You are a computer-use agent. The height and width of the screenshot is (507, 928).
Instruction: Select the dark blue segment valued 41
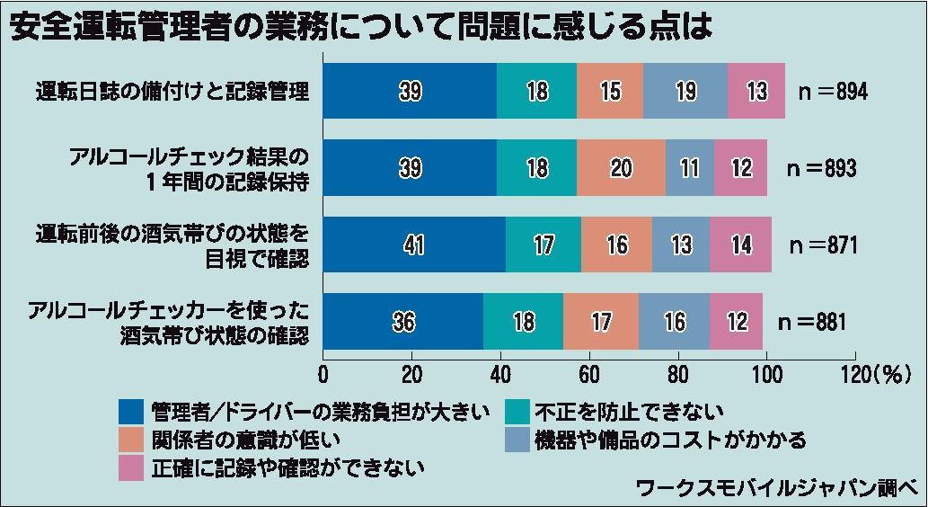pos(414,245)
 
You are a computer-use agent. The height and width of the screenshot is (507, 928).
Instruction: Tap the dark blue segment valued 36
pos(403,321)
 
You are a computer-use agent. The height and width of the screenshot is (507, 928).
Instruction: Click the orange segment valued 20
pos(621,168)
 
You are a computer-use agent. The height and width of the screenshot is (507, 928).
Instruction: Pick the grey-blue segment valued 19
pos(685,92)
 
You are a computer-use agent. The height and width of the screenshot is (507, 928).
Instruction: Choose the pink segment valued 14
pos(740,245)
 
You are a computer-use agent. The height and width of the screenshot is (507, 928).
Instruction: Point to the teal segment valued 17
pos(543,245)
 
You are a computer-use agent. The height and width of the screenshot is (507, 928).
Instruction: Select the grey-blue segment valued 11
pos(689,168)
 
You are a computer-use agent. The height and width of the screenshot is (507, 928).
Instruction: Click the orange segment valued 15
pos(610,92)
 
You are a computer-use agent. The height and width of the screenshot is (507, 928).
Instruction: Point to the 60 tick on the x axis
pos(589,374)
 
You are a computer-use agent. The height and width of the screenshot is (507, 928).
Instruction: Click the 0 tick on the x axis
pos(323,374)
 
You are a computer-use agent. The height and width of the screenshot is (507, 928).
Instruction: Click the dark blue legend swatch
pos(131,412)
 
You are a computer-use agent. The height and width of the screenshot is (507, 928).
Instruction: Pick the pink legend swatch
pos(131,467)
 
